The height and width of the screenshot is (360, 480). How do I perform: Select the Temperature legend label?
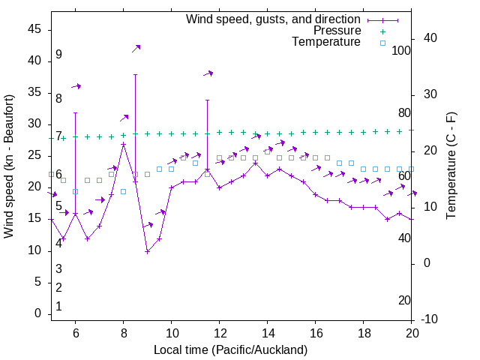[x=326, y=42]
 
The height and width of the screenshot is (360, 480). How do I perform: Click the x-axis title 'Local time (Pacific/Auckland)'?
[x=230, y=349]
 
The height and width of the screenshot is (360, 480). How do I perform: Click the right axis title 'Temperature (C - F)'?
[x=451, y=166]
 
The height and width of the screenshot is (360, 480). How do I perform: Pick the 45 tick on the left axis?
[x=34, y=29]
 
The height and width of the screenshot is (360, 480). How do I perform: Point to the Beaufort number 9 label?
[x=58, y=55]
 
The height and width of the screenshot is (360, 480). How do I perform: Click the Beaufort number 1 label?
[x=58, y=307]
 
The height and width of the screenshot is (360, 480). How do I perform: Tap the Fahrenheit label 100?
[x=402, y=51]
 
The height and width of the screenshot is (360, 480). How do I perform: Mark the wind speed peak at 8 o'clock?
[x=123, y=144]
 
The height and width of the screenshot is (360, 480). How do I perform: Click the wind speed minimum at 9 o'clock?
[x=148, y=251]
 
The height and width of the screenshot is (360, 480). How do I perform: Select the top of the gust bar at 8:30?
[x=135, y=74]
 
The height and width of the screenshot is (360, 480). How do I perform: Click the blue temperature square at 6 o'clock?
[x=75, y=191]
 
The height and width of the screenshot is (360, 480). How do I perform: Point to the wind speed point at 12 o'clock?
[x=219, y=187]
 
